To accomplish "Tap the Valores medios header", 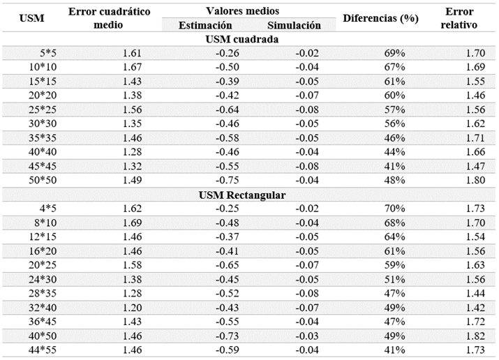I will pos(243,11).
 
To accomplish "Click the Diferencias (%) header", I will pos(380,18).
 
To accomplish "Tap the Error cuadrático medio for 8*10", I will pos(132,223).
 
